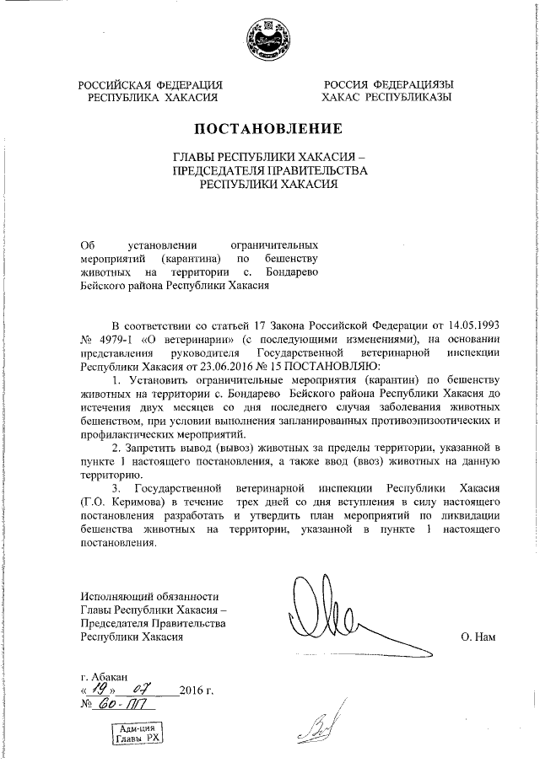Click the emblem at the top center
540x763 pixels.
[x=269, y=39]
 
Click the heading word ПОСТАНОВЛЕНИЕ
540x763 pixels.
[x=269, y=129]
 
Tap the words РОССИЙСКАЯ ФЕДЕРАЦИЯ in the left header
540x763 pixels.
[x=150, y=84]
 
